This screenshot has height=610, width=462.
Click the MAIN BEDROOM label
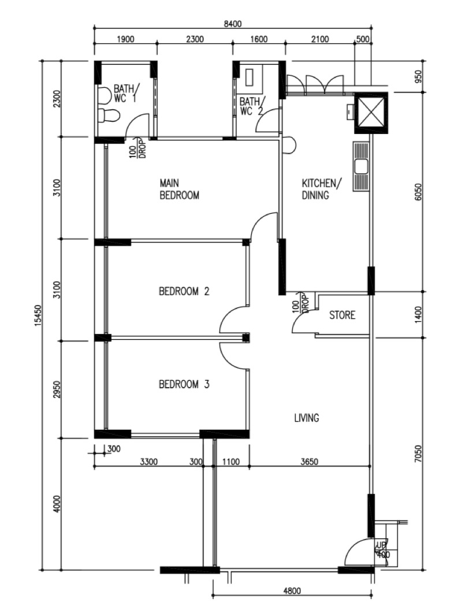pyautogui.click(x=179, y=189)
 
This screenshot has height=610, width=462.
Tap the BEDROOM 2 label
pyautogui.click(x=184, y=291)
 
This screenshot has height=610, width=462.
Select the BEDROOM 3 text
pyautogui.click(x=184, y=384)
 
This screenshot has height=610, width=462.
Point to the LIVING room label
pyautogui.click(x=306, y=418)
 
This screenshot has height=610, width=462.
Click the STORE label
pyautogui.click(x=342, y=315)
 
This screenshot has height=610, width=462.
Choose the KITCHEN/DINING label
pyautogui.click(x=322, y=189)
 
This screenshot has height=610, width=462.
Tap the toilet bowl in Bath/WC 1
pyautogui.click(x=108, y=116)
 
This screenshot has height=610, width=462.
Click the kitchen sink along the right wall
pyautogui.click(x=362, y=166)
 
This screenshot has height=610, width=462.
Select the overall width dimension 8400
pyautogui.click(x=233, y=24)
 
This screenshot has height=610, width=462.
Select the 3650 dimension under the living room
pyautogui.click(x=310, y=462)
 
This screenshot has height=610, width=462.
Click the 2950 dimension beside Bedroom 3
pyautogui.click(x=56, y=389)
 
